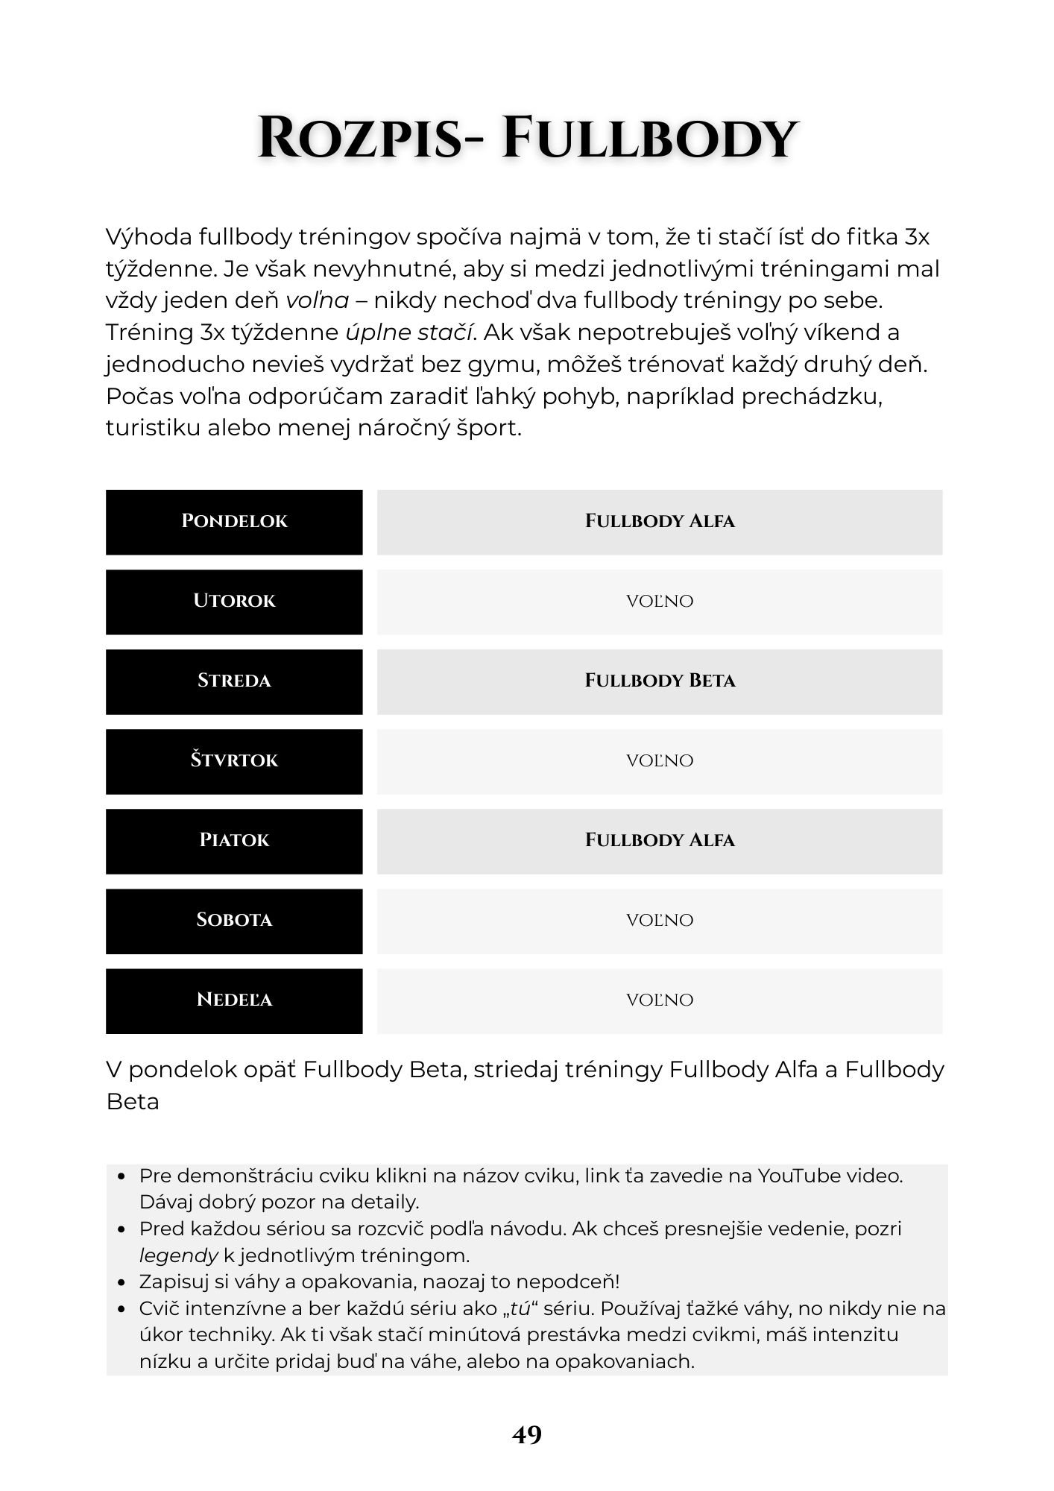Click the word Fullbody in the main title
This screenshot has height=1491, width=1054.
point(649,139)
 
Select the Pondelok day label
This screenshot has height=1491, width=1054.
point(234,522)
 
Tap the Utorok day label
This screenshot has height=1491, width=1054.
point(234,602)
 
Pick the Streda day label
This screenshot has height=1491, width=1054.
point(234,681)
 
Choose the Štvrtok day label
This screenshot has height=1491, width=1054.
point(234,761)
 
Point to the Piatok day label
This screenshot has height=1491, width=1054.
point(234,841)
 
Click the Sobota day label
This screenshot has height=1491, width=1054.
point(234,921)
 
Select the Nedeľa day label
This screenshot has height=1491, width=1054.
point(234,1000)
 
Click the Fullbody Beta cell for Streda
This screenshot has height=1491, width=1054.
point(660,681)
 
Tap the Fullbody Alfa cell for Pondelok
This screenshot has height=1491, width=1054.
point(660,522)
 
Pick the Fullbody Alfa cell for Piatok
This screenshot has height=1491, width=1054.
point(660,841)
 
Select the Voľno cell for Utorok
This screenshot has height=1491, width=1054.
point(660,602)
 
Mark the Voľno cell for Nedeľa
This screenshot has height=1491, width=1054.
point(660,1000)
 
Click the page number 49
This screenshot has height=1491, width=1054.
point(527,1434)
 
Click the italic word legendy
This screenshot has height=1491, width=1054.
point(178,1255)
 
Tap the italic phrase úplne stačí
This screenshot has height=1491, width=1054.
point(411,332)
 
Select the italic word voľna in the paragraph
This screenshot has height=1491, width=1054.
point(318,300)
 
